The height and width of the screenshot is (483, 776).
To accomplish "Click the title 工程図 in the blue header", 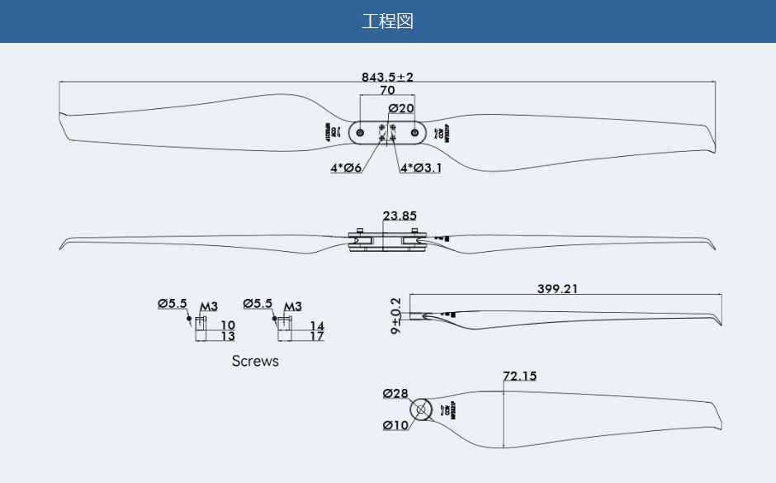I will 387,21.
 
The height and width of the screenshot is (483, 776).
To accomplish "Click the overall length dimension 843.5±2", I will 387,77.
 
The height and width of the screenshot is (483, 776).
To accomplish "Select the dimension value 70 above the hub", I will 387,91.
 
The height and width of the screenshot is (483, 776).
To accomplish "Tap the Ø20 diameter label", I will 400,108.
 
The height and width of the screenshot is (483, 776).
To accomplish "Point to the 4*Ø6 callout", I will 346,168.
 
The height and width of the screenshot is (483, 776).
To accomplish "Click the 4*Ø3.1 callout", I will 421,168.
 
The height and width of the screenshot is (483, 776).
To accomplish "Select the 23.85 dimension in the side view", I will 400,215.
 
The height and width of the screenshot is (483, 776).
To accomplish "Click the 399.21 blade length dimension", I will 558,289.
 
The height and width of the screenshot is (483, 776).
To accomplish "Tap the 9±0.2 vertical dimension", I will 396,315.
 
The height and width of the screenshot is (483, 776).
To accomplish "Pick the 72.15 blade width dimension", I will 519,376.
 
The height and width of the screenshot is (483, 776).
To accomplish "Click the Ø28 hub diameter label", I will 395,394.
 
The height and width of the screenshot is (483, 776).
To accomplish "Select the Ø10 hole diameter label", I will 395,425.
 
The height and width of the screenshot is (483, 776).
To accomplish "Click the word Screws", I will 255,361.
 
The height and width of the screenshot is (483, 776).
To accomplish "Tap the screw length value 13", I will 228,336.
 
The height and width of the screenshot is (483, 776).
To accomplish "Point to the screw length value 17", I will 316,336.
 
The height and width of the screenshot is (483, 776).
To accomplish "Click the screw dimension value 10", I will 228,325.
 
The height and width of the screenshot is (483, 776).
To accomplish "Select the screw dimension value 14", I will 316,325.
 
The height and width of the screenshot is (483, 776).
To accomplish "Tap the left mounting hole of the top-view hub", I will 361,132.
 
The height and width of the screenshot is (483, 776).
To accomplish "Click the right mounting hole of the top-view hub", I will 414,132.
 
